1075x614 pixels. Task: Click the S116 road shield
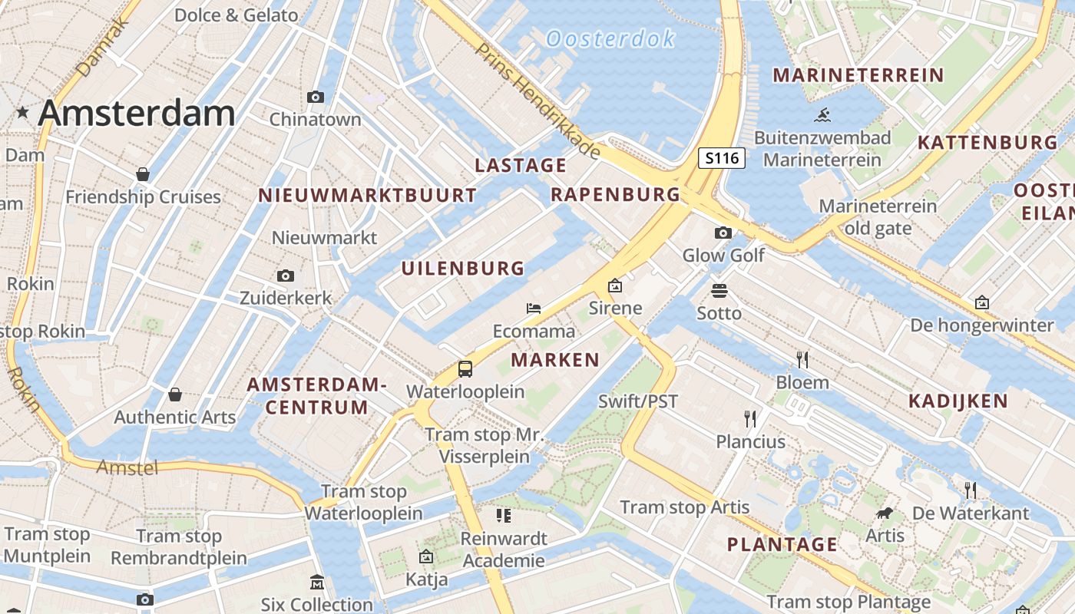click(722, 159)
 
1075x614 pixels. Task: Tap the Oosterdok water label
click(610, 38)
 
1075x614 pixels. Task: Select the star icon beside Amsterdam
click(23, 113)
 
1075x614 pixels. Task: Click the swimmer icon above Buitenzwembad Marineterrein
click(822, 116)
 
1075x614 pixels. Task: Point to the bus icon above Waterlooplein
click(465, 369)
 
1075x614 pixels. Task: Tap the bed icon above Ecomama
click(534, 309)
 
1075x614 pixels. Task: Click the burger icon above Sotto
click(719, 291)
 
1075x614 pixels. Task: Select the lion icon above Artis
click(885, 513)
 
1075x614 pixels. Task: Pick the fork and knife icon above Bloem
click(802, 359)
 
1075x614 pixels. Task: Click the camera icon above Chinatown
click(315, 97)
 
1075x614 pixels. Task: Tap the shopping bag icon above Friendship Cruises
click(143, 174)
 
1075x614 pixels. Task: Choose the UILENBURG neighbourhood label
click(463, 269)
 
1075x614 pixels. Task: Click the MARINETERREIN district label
click(858, 75)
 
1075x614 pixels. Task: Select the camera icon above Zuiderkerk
click(286, 276)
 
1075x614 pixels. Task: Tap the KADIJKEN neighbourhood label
click(958, 401)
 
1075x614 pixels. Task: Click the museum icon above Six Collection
click(316, 583)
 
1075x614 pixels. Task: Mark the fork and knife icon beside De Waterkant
click(971, 490)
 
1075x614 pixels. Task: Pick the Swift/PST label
click(638, 401)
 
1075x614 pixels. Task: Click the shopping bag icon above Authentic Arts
click(175, 394)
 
